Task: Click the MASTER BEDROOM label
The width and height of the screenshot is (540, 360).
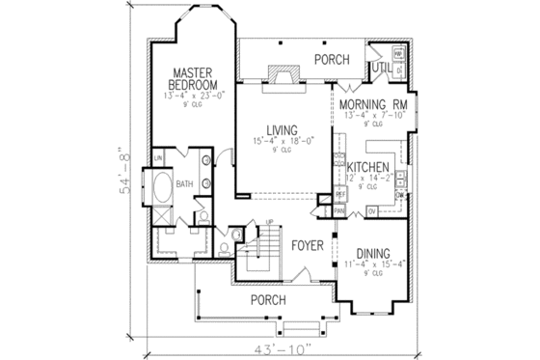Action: tap(193, 79)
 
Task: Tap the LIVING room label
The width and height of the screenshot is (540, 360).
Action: tap(282, 129)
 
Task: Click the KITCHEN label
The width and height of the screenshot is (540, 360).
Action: tap(368, 166)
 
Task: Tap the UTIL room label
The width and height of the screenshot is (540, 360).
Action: tap(381, 68)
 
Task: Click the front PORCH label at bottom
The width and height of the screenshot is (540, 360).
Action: tap(267, 300)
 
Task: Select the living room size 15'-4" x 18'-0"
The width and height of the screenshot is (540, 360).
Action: tap(282, 142)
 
